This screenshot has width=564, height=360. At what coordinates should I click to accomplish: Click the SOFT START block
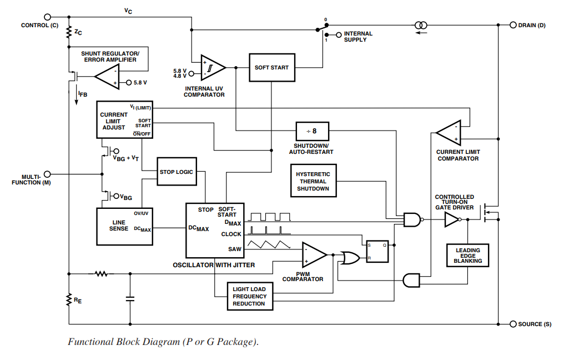pos(271,68)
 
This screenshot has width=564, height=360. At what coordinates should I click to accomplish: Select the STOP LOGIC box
pos(177,172)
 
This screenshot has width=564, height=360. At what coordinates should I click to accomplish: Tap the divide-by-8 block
pos(312,131)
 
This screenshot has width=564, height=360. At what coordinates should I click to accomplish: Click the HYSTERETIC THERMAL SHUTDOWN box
pos(313,181)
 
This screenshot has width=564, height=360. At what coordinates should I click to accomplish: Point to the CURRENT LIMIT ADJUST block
pos(124,119)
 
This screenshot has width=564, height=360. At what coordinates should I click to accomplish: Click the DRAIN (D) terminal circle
pos(513,25)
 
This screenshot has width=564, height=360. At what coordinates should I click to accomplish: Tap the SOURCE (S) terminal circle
pos(513,324)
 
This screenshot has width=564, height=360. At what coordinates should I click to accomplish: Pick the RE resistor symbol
pos(68,300)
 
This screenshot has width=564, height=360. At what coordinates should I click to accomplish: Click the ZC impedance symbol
pos(69,32)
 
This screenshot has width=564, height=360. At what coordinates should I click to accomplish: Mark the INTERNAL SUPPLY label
pos(358,37)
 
